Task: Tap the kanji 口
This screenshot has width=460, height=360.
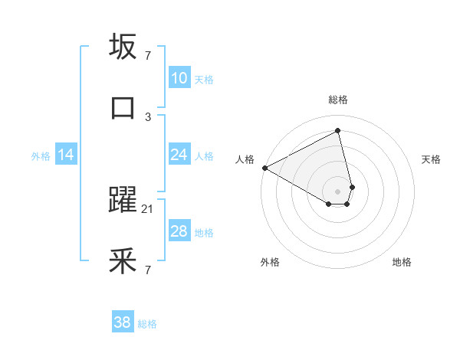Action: point(123,108)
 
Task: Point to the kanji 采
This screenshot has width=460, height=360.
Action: point(123,261)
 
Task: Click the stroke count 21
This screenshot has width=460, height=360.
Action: point(148,208)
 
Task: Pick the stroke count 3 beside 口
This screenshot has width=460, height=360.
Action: point(148,116)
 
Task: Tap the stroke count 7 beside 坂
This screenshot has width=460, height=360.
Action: point(148,55)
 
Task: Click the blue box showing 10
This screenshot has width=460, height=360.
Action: point(179,78)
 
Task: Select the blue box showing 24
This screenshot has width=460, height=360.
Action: point(179,155)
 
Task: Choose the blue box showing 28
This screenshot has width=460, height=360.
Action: point(179,231)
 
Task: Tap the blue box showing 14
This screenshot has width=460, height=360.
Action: point(66,155)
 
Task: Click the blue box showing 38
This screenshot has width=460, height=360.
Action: point(123,322)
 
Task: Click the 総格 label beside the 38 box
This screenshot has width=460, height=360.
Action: point(147,324)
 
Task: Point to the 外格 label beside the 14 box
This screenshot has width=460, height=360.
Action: point(41,156)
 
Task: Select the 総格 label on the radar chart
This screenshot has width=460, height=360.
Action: point(338,100)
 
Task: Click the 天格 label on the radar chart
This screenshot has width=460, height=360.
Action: point(432,159)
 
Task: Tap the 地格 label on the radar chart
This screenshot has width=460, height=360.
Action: point(402,262)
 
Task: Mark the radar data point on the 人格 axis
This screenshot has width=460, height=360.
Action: point(264,167)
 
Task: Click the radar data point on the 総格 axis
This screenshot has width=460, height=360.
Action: point(338,131)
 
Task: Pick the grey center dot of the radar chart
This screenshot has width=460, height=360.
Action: point(338,191)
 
